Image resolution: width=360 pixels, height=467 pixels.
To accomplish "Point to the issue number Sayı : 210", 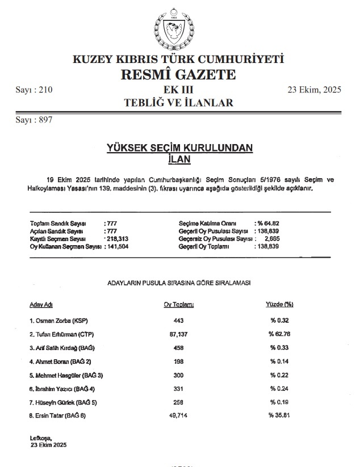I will click(34, 90).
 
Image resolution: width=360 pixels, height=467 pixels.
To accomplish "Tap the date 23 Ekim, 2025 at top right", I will click(314, 90).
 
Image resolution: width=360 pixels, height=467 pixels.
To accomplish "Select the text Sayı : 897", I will click(34, 120).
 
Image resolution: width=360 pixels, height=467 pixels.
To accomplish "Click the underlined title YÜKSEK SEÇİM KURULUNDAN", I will click(180, 148).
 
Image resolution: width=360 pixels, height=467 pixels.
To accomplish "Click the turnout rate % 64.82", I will click(268, 224).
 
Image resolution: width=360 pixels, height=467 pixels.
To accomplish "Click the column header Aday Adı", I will click(41, 305).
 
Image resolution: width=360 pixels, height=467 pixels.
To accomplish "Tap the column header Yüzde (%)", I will click(279, 305).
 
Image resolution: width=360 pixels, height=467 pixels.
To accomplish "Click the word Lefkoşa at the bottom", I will click(40, 438).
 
